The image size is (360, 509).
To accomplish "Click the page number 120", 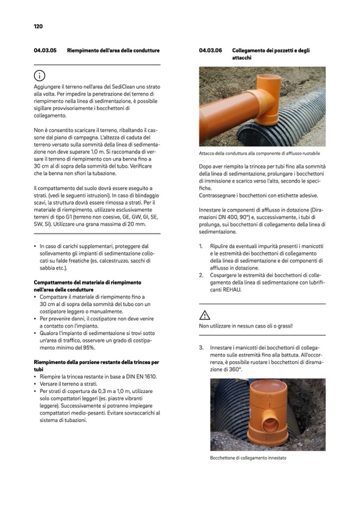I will [38, 26].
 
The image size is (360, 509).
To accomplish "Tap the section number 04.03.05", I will [45, 50].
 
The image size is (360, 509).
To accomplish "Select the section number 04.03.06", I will [210, 50].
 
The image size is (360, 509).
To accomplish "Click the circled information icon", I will [40, 75].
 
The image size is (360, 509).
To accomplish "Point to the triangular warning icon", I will [205, 314].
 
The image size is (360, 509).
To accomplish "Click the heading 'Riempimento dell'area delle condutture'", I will [113, 50].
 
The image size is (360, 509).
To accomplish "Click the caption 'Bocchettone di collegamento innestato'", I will [248, 458].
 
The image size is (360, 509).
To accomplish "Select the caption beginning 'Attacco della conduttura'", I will [260, 154].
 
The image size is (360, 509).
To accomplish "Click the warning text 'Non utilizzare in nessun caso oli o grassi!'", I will [246, 326].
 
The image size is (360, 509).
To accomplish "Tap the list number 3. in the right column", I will [201, 348].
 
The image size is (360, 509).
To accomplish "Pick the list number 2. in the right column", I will [201, 275].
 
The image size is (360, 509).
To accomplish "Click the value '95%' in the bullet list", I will [88, 347].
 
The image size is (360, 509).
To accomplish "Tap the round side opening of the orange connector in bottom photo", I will [271, 425].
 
